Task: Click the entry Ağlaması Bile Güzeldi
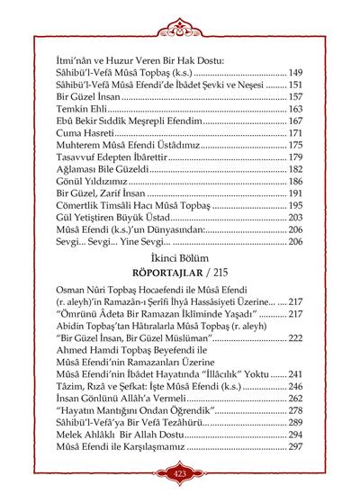click(103, 169)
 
